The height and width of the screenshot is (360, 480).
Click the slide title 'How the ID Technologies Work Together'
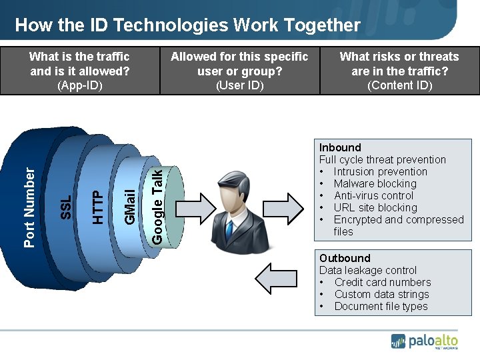[x=187, y=25]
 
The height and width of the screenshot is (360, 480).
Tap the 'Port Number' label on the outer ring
[x=29, y=207]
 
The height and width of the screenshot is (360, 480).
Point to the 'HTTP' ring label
[x=97, y=207]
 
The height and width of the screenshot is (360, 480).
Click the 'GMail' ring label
[x=131, y=205]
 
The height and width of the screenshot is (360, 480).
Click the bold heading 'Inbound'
[x=340, y=147]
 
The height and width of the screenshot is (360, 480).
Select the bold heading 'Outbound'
[x=345, y=258]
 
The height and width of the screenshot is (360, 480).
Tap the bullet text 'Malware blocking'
[x=375, y=183]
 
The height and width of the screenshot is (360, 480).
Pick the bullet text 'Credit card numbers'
[x=383, y=282]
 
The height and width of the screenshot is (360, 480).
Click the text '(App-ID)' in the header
[x=80, y=85]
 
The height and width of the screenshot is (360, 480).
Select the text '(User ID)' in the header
[x=240, y=85]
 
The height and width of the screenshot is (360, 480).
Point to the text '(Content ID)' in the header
[x=400, y=85]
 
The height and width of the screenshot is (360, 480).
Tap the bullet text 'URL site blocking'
[x=375, y=207]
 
